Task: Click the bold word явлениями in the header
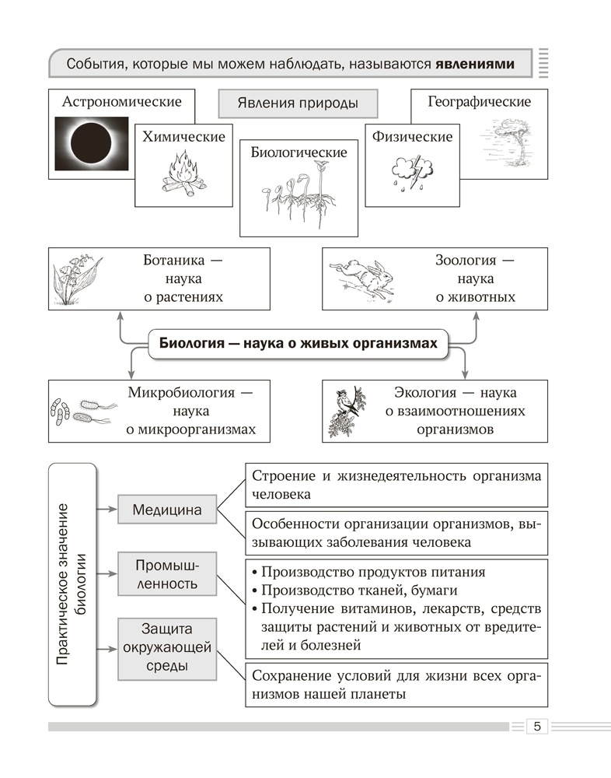click(x=474, y=63)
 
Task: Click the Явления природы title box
click(x=298, y=103)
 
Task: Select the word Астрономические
click(x=122, y=102)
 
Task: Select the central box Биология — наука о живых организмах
click(x=299, y=343)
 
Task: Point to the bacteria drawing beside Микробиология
click(x=82, y=412)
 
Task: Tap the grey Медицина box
click(x=166, y=510)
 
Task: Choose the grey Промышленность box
click(x=166, y=573)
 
